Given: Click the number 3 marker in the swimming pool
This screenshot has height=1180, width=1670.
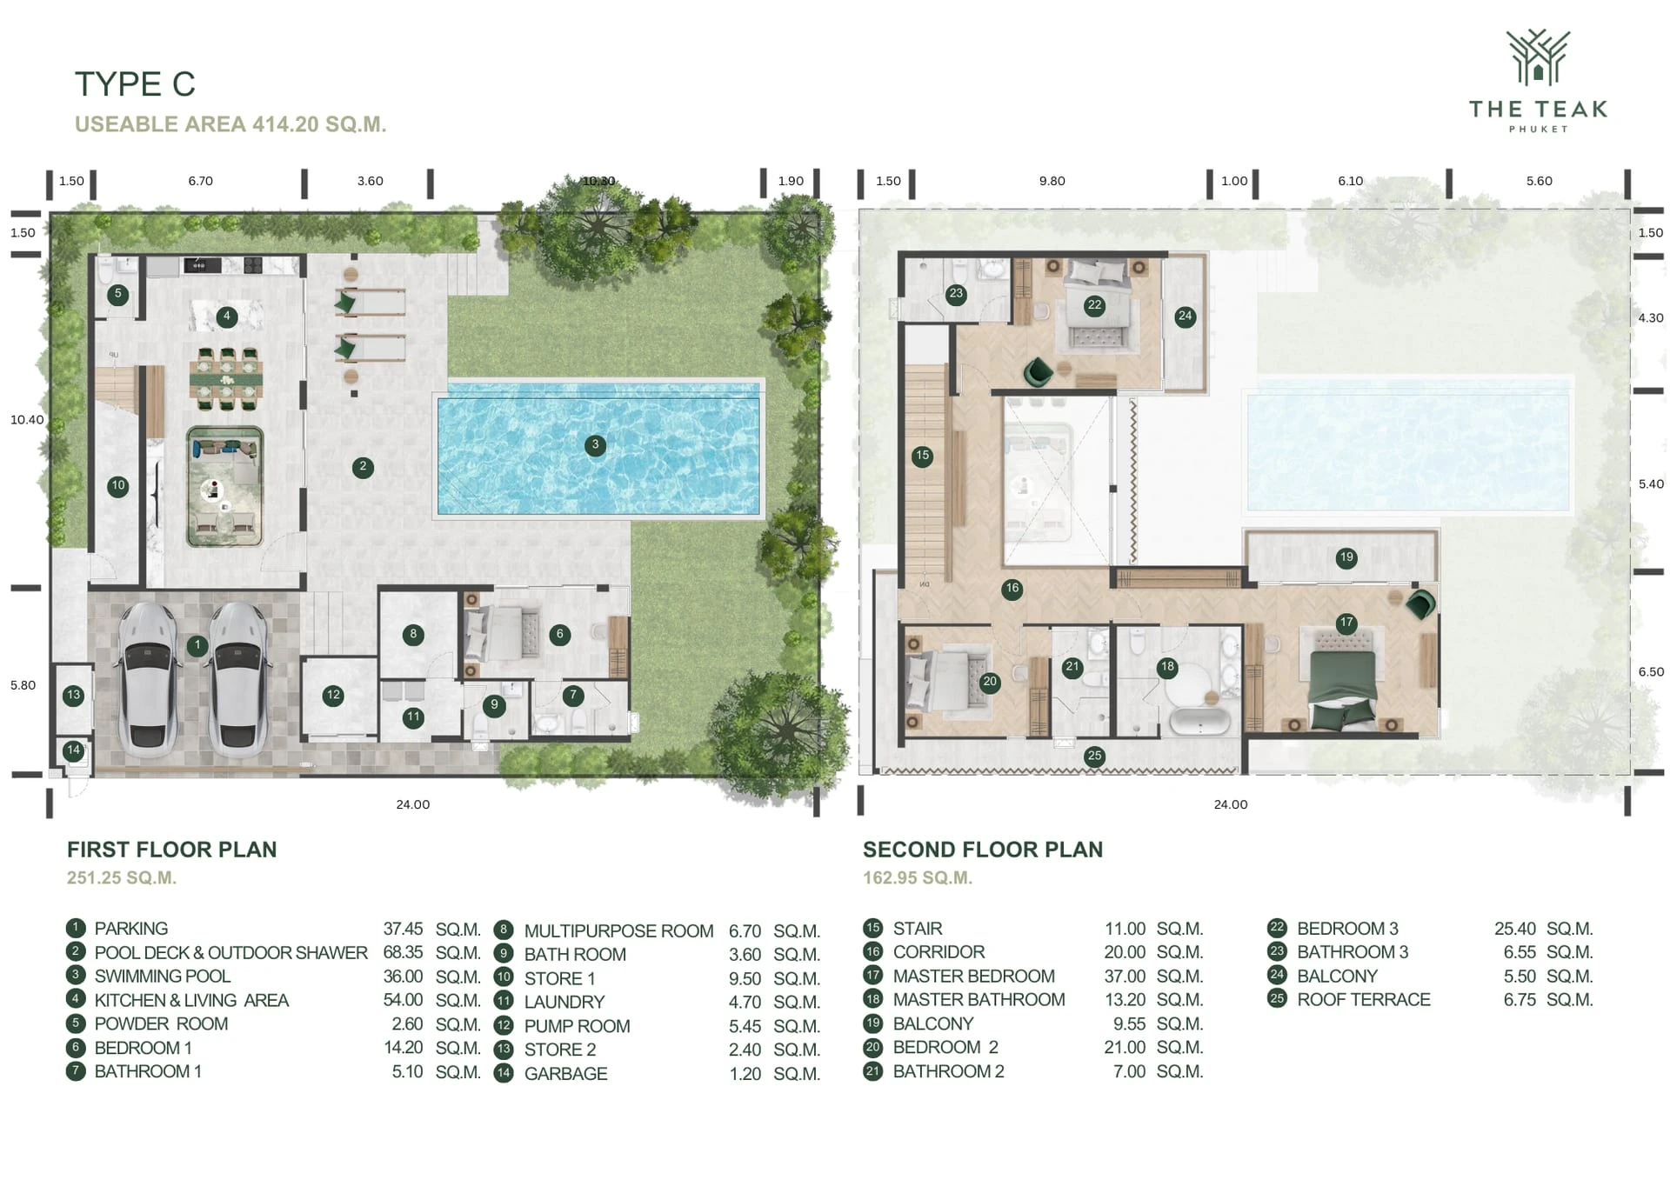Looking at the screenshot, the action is coord(595,445).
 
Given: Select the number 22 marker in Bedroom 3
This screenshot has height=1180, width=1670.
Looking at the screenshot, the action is coord(1094,305).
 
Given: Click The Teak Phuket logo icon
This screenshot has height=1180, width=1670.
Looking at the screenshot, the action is coord(1538,57).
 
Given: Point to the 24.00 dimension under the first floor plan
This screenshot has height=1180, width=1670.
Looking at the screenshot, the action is coord(413,804).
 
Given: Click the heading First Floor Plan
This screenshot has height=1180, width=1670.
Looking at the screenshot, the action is coord(172,850).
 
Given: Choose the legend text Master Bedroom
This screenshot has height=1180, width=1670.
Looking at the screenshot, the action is coord(973,976).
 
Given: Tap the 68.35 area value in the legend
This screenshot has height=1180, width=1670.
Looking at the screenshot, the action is coord(403,952).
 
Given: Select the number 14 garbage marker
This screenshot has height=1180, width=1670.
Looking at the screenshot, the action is coord(73,750).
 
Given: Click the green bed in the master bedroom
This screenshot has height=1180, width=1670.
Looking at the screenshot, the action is coord(1342,679).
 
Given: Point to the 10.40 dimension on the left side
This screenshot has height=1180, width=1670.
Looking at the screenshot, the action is coord(27,420).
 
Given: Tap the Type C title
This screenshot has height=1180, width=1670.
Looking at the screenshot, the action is coord(135,84).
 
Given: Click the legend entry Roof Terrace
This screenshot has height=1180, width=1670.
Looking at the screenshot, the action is coord(1363,999).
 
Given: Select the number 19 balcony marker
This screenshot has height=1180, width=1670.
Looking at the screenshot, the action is coord(1346,557).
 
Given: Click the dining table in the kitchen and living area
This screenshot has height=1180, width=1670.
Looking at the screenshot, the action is coord(226,379).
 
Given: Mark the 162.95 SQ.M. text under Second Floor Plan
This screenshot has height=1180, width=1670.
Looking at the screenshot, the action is coord(918,877).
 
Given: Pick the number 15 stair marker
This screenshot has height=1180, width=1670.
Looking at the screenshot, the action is coord(922,456).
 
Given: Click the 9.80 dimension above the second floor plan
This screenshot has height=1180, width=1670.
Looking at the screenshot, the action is coord(1052,181).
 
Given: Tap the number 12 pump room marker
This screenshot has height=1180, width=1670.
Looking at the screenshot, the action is coord(333,695).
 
